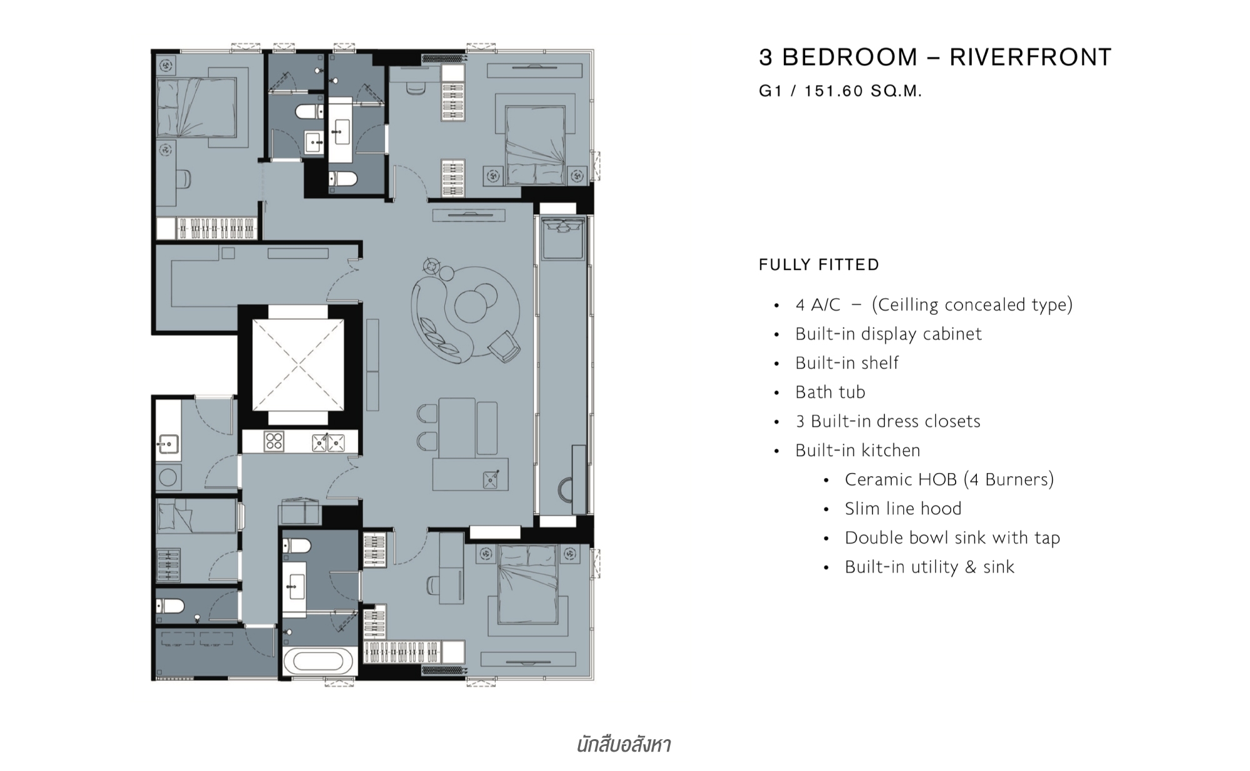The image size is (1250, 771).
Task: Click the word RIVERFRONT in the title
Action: (x=1031, y=57)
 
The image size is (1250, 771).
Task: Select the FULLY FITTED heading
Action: (x=819, y=265)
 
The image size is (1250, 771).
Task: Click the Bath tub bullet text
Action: (x=830, y=392)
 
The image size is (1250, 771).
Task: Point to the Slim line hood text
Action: (x=903, y=509)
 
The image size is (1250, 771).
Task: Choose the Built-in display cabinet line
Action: (x=888, y=334)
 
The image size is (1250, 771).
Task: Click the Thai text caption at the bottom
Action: (x=623, y=745)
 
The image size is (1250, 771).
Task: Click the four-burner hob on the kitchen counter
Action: (x=274, y=442)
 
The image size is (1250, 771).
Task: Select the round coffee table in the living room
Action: (x=474, y=304)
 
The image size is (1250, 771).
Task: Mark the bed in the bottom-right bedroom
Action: (x=527, y=584)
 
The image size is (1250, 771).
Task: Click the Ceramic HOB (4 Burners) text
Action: (x=949, y=480)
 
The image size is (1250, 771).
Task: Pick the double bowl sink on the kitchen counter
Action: (x=328, y=442)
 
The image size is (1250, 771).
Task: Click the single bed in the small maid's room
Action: (x=196, y=516)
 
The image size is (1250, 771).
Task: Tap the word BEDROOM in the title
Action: (x=850, y=57)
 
